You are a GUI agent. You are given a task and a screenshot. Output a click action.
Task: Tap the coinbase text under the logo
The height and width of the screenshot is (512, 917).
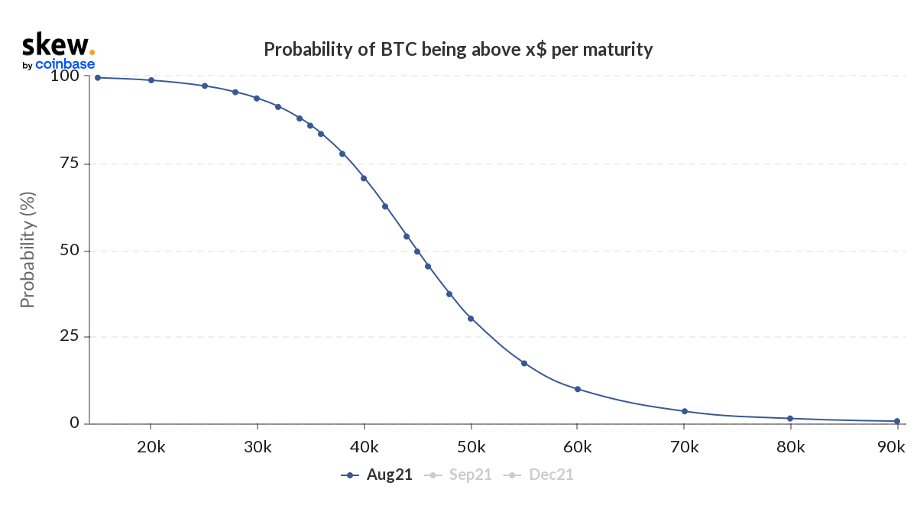[x=65, y=65]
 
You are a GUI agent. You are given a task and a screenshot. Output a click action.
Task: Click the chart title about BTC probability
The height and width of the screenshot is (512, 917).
[x=458, y=50]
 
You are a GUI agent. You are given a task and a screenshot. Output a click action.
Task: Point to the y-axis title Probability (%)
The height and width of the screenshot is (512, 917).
[x=28, y=249]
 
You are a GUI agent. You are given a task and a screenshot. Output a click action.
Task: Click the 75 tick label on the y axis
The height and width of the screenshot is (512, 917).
[x=69, y=164]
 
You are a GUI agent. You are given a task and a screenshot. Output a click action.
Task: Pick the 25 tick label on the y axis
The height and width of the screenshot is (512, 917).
[x=69, y=337]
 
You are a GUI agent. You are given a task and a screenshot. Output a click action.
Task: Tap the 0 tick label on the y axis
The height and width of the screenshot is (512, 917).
[x=74, y=423]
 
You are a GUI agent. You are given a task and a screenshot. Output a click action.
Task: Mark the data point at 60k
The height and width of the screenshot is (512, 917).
[x=578, y=389]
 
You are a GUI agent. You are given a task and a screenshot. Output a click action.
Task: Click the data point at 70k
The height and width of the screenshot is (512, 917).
[x=685, y=411]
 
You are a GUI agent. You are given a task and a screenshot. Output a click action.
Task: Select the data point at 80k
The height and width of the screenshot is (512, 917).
[x=790, y=418]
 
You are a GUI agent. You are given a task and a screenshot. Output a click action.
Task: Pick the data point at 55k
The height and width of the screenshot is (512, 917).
[x=524, y=363]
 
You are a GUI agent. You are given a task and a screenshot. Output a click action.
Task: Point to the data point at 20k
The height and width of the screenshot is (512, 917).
[x=151, y=80]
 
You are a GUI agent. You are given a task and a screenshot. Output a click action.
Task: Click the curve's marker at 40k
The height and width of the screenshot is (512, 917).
[x=365, y=178]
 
